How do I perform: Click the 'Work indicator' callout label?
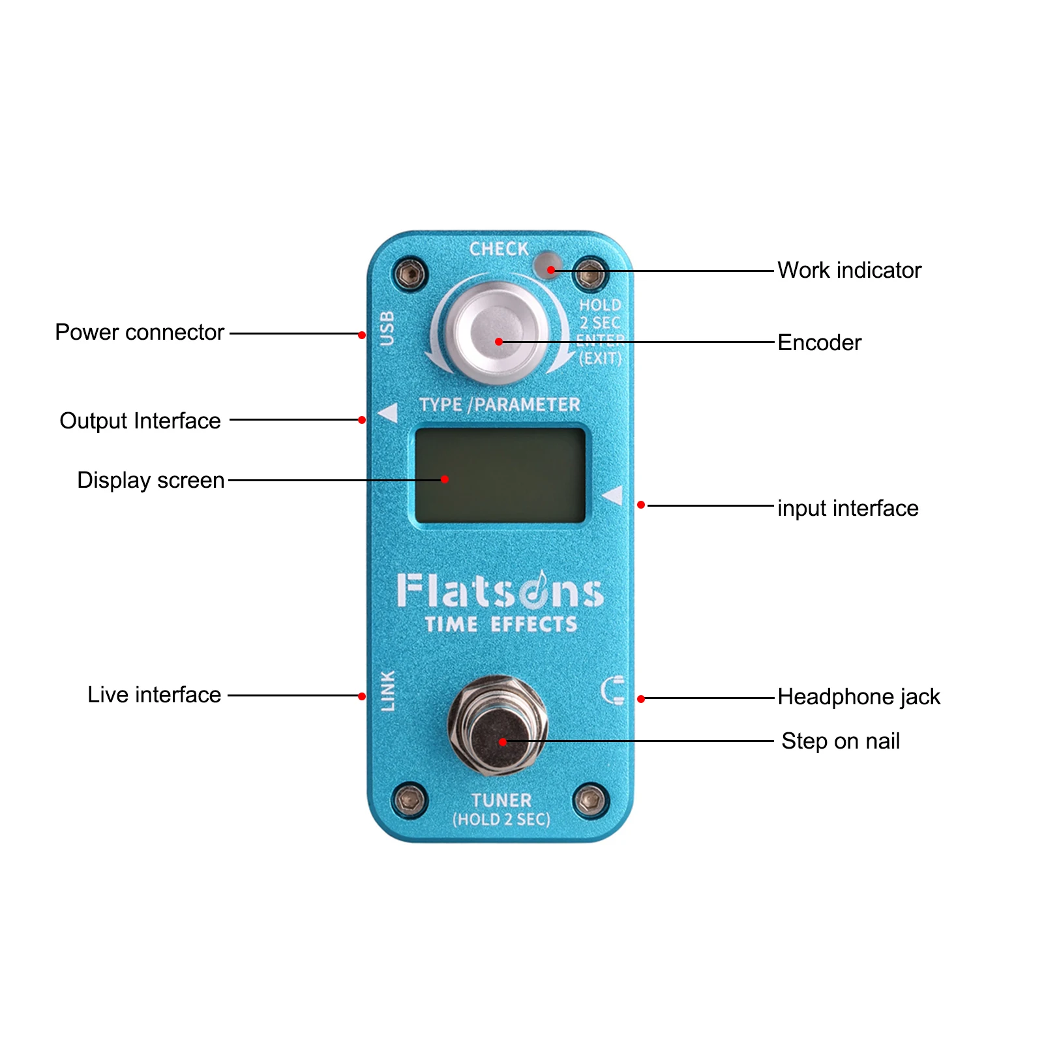[849, 270]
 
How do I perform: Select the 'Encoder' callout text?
[819, 342]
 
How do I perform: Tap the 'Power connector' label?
[140, 333]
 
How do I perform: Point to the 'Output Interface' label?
[140, 421]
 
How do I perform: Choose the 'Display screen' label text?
[151, 480]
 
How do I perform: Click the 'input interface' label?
[848, 508]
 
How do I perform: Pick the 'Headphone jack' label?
[859, 696]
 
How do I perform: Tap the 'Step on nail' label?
[841, 741]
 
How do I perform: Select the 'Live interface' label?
[155, 694]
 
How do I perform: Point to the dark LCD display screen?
[500, 475]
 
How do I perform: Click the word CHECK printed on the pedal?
[499, 249]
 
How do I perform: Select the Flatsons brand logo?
[500, 590]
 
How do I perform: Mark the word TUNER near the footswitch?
[501, 800]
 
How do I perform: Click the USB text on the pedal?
[387, 327]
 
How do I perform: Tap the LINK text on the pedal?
[388, 691]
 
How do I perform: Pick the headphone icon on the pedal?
[614, 691]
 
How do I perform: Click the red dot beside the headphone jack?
[641, 699]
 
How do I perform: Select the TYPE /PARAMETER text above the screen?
[500, 405]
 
